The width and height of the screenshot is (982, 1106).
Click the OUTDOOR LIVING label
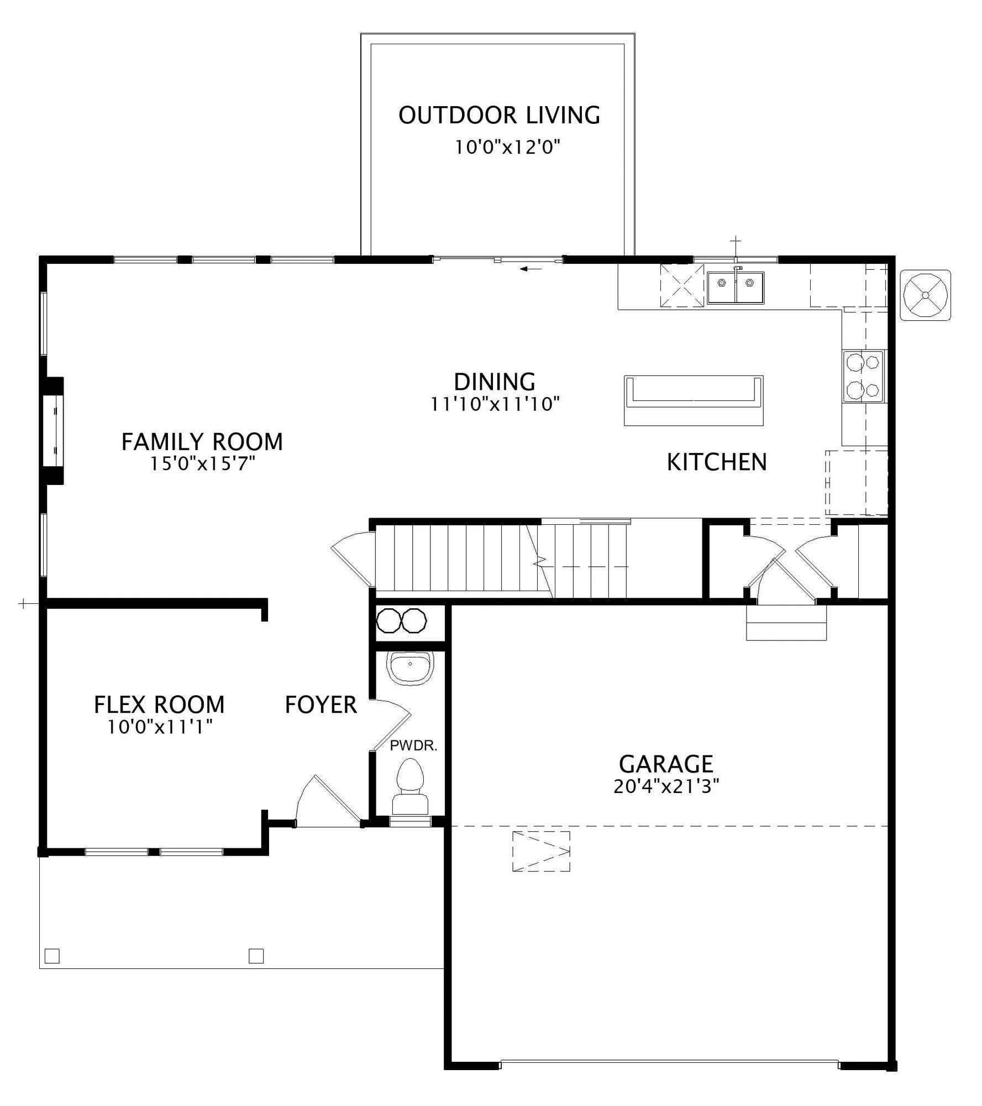(x=499, y=115)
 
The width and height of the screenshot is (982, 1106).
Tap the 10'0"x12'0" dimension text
(x=508, y=147)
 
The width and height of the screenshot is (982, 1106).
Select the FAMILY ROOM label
(x=202, y=442)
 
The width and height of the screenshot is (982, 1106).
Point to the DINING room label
(x=495, y=382)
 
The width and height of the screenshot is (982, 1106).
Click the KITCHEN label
(x=717, y=462)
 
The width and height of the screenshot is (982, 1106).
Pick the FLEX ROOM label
(x=159, y=705)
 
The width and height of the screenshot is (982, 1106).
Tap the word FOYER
(x=321, y=705)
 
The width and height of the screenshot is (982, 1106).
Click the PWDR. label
(x=413, y=745)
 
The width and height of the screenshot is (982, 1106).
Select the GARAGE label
(x=666, y=764)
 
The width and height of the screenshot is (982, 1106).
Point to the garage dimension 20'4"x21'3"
(x=666, y=786)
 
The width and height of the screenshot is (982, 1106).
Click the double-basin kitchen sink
(x=736, y=286)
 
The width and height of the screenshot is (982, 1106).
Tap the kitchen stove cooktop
(x=863, y=376)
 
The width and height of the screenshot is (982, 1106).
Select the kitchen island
(x=694, y=400)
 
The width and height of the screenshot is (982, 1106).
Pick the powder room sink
(x=410, y=667)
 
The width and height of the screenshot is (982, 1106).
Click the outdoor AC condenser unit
(x=925, y=295)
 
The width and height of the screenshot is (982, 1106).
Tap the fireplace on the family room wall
(x=54, y=431)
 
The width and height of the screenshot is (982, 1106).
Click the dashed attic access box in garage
(x=541, y=851)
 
